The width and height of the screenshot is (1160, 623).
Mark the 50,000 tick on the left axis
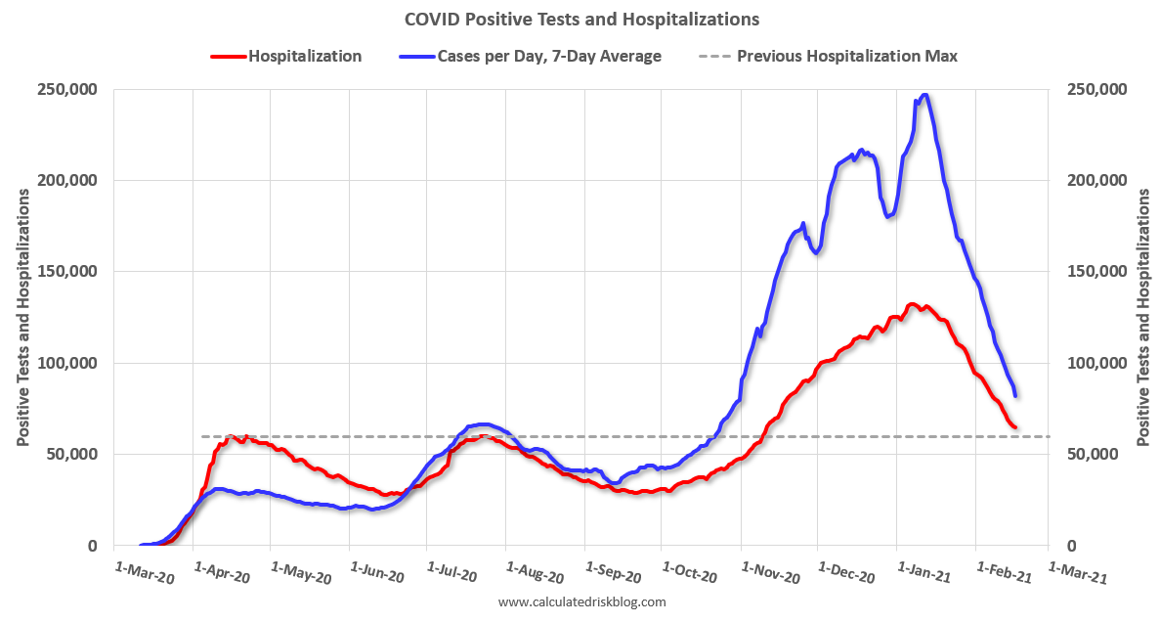pos(73,455)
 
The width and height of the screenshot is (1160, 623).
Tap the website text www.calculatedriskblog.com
pos(581,602)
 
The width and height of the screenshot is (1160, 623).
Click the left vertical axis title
pos(22,317)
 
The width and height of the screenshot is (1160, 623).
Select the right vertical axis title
pos(1143,317)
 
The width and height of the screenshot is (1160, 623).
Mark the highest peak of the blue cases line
pos(924,95)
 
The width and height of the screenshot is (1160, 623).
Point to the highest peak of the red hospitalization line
pos(912,304)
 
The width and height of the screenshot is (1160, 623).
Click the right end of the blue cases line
pos(1016,395)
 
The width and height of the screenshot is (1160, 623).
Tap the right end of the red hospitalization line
pos(1015,427)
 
